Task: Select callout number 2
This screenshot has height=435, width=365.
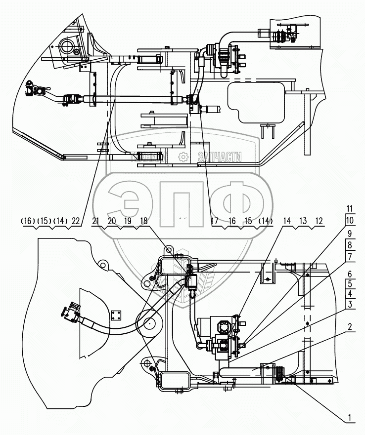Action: (350, 327)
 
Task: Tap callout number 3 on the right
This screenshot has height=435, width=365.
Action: (350, 305)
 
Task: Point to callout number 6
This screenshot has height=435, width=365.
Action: (350, 274)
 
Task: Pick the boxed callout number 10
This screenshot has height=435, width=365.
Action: (350, 220)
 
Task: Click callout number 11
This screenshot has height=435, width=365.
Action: (350, 208)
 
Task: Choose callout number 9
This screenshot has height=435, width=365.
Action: (350, 233)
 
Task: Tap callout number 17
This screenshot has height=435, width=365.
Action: (215, 222)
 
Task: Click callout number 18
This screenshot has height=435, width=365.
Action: (144, 222)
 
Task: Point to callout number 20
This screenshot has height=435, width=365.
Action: (112, 222)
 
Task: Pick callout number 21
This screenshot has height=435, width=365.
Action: (96, 222)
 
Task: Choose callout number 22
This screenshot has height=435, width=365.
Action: (76, 222)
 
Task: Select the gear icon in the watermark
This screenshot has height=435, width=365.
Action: (182, 158)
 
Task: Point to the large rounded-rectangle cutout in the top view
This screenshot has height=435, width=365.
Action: (255, 103)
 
